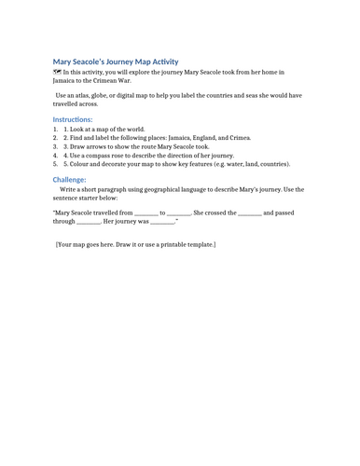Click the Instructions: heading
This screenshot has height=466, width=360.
tap(72, 119)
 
